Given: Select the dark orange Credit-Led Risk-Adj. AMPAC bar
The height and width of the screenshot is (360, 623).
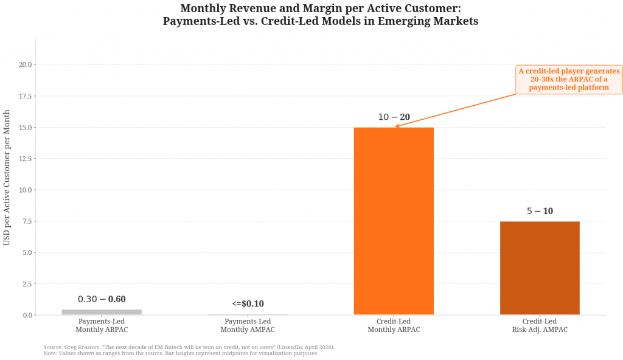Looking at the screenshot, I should pos(540,268).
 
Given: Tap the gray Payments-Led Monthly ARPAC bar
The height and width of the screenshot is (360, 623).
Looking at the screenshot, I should pos(102,312).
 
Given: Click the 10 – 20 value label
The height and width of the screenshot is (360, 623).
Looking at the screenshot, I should pos(394,117).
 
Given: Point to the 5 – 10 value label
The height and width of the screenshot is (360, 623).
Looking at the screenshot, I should pos(540,212).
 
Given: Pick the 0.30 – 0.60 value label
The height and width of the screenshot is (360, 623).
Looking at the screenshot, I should pos(102,299).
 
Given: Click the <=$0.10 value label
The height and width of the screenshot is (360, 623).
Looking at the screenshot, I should pos(248,304).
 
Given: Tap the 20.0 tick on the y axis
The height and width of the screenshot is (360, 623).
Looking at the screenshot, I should pos(25,65).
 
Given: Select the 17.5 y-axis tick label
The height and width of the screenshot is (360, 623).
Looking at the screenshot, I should pos(25,96).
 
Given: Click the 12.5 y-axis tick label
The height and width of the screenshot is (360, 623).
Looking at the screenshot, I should pos(25,159).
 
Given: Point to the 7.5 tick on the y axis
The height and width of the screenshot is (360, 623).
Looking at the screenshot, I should pos(27,221).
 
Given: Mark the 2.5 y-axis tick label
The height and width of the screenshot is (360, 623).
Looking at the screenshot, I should pos(27,284).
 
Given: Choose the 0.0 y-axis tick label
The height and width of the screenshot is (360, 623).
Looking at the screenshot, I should pos(27,315).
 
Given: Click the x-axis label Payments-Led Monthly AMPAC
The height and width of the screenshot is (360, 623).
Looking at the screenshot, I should pos(248,325).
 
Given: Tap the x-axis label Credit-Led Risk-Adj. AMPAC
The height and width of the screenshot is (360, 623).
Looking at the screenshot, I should pos(540,325).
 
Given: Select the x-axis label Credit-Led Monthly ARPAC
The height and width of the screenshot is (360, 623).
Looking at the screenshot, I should pos(394,325).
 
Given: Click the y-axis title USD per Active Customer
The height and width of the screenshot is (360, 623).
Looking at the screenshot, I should pos(7,178).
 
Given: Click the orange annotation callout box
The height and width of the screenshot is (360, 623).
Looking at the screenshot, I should pos(569,80).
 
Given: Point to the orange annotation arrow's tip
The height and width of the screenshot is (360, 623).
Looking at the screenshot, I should pos(395,126).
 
